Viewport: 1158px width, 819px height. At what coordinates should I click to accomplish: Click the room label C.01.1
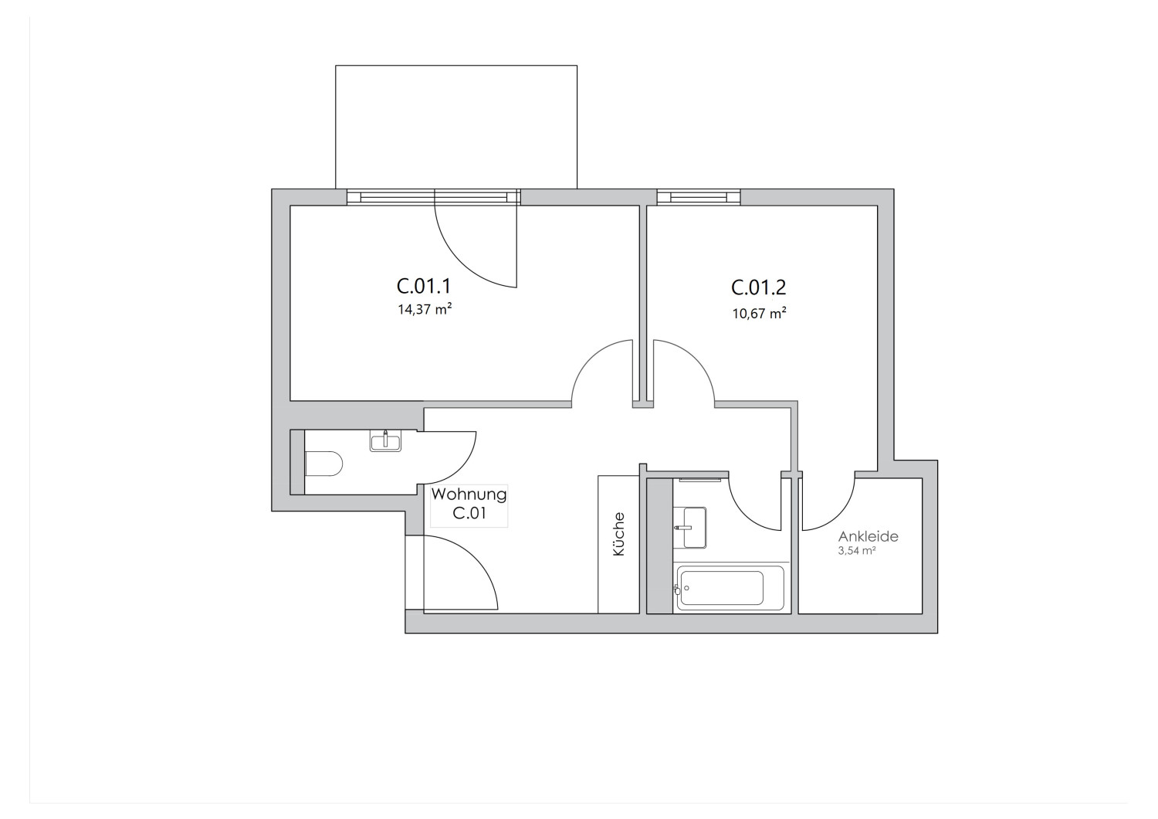(x=423, y=287)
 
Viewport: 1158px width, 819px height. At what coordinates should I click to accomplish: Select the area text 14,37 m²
(x=424, y=311)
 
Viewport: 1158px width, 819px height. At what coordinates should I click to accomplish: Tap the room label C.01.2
(x=758, y=288)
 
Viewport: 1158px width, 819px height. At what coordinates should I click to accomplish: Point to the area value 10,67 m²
(x=759, y=314)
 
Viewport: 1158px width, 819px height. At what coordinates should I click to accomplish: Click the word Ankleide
(x=868, y=537)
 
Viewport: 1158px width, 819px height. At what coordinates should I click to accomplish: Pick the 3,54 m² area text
(x=856, y=552)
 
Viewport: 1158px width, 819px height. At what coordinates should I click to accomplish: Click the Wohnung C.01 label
(x=469, y=504)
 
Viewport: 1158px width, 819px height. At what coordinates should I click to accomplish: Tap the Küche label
(x=618, y=535)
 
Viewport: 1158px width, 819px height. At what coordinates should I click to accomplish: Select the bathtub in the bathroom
(x=730, y=589)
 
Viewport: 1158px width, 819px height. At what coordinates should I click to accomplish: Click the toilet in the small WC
(x=324, y=464)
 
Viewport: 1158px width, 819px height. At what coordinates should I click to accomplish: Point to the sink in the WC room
(x=385, y=441)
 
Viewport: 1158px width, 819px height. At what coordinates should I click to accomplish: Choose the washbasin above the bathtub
(x=689, y=527)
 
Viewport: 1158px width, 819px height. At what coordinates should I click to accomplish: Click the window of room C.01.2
(x=699, y=197)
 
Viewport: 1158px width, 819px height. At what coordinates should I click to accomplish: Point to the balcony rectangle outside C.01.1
(x=455, y=127)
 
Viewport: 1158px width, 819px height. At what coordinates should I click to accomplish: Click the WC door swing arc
(x=450, y=460)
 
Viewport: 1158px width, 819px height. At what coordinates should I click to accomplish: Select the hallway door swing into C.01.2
(x=683, y=371)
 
